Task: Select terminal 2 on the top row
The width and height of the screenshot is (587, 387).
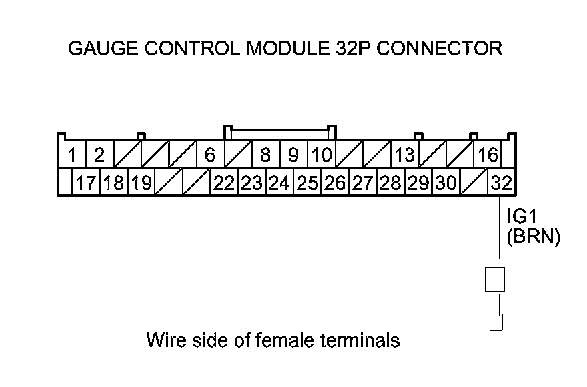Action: point(99,155)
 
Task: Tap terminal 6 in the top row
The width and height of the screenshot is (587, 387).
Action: point(210,155)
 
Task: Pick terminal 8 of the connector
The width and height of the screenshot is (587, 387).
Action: point(265,155)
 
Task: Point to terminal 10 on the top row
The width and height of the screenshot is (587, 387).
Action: point(322,155)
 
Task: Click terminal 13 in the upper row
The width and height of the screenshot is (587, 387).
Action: point(404,155)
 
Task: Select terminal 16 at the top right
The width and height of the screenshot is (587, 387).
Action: point(488,155)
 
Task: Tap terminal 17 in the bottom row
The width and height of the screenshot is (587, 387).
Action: point(86,183)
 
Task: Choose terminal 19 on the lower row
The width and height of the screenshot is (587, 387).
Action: point(141,183)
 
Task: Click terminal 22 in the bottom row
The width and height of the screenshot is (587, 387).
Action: point(225,183)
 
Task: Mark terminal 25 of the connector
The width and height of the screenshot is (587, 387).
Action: point(308,183)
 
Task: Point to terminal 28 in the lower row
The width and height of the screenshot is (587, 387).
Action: point(391,183)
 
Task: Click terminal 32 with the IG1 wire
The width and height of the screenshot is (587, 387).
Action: point(500,183)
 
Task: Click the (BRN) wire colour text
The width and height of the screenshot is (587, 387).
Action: point(532,237)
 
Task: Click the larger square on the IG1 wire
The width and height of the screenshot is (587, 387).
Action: point(495,280)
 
